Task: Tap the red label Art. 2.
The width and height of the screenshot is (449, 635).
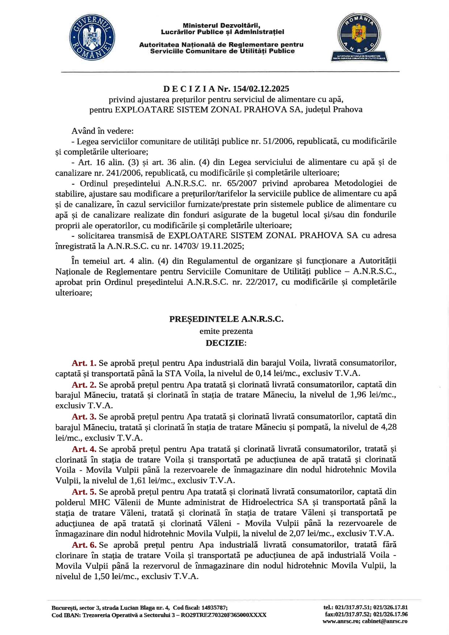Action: point(84,384)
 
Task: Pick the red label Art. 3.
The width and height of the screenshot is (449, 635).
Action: point(84,416)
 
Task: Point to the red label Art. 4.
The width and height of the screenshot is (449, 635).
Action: point(84,449)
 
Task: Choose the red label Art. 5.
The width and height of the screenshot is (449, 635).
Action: point(84,491)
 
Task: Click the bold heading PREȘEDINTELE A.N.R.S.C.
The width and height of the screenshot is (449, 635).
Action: point(226,319)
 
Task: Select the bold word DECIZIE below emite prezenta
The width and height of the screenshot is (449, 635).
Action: point(225,343)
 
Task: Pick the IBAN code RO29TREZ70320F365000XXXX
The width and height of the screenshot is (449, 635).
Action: point(223,615)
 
